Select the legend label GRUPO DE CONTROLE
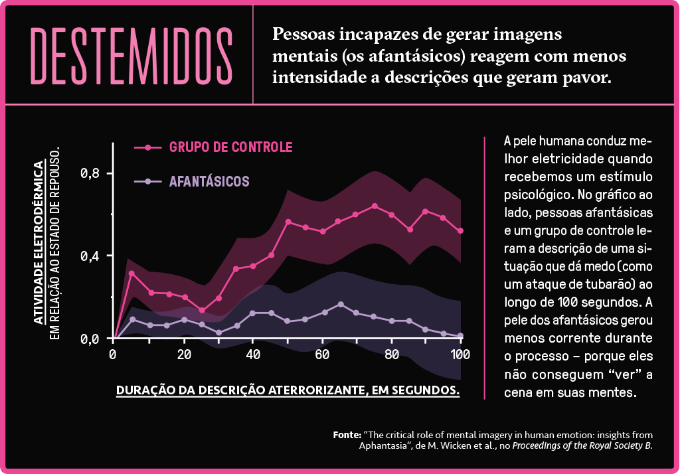point(230,147)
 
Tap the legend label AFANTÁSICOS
point(209,181)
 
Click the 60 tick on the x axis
point(323,353)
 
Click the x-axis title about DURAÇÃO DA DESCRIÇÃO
point(288,390)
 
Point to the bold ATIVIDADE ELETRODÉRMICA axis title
point(39,242)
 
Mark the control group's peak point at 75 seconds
point(375,206)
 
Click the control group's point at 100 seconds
point(460,231)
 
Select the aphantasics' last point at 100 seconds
point(460,336)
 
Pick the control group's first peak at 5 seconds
point(131,274)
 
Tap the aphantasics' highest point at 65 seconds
point(341,305)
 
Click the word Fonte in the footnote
point(347,434)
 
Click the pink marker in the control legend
point(148,147)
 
